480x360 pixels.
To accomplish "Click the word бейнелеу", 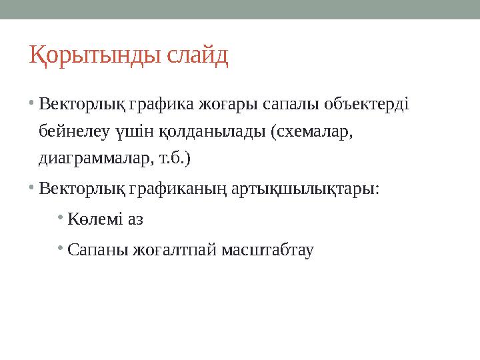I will point(73,131).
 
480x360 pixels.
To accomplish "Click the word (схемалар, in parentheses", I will point(311,132).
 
